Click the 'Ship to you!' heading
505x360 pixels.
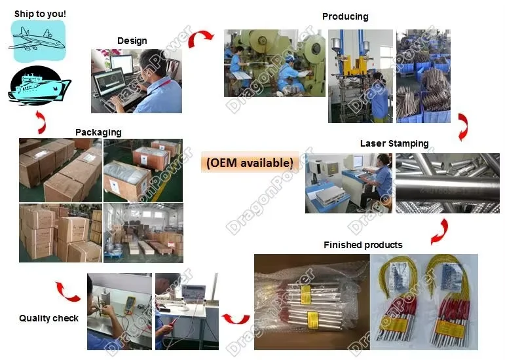click(40, 13)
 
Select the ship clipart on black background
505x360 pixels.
click(39, 87)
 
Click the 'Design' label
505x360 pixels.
click(132, 41)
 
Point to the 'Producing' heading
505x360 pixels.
click(345, 16)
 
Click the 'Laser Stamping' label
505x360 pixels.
click(394, 143)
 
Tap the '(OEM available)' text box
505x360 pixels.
click(250, 162)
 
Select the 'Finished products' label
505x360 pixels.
click(363, 245)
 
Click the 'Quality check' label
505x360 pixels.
click(48, 318)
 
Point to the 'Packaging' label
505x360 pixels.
click(98, 132)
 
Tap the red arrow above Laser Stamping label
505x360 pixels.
click(463, 127)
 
